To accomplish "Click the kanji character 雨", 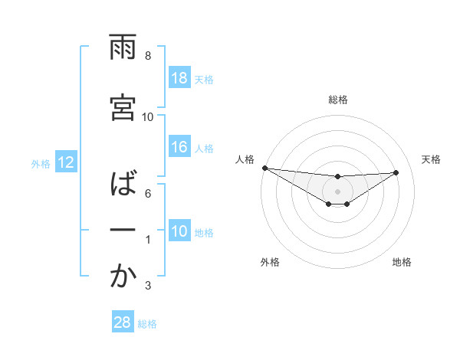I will pos(123,47).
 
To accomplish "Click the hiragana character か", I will pos(123,277).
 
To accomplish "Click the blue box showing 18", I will pos(179,78).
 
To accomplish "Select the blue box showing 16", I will pos(179,148).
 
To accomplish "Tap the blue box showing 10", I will pos(179,232).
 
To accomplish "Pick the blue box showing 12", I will pos(65,162).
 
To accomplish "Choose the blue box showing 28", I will pos(122,322).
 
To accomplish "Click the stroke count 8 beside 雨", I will pos(148,56).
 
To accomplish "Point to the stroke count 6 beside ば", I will pos(148,193).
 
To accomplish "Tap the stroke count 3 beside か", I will pos(148,286).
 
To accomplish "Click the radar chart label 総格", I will pos(337,100).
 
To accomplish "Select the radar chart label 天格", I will pos(431,159).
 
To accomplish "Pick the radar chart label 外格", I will pos(270,262).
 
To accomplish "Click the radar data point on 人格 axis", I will pos(264,168).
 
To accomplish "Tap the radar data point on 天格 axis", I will pos(396,172).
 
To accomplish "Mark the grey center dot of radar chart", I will pos(337,191).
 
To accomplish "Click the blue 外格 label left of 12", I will pos(41,163).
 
